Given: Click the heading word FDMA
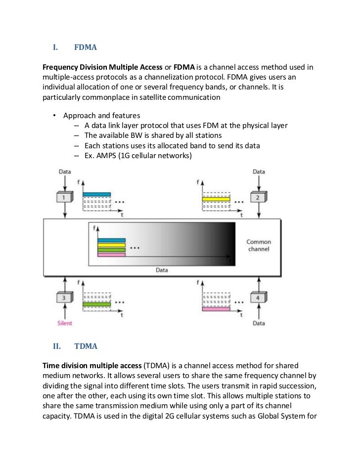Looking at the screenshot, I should point(85,48).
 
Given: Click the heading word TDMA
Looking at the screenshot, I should point(86,346).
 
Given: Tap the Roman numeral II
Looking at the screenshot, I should point(56,346).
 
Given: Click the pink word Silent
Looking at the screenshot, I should point(64,323).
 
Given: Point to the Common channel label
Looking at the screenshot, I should point(259,246).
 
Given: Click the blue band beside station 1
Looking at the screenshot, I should point(97,195).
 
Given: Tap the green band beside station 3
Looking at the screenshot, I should point(97,304).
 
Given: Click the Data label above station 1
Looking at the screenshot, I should point(65,171).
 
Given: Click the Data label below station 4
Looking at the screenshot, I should point(259,323).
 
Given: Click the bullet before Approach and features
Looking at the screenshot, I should point(54,116).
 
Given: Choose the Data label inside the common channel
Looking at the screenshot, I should point(162,270).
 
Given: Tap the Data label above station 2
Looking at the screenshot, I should point(259,171).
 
